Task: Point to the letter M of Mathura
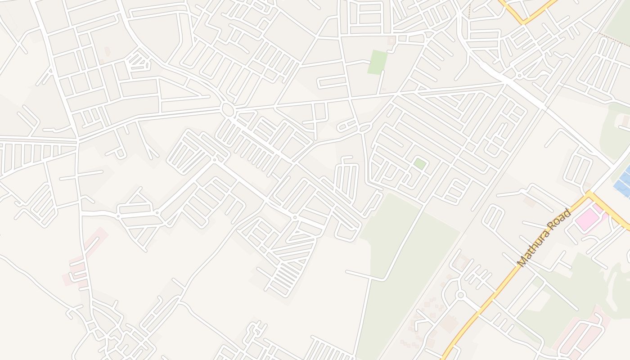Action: click(522, 263)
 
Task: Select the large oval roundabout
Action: click(228, 109)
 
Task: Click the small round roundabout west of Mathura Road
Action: click(460, 295)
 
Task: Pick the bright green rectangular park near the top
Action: click(377, 62)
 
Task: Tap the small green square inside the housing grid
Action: click(419, 163)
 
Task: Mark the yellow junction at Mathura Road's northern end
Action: click(589, 194)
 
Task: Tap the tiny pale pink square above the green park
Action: click(391, 40)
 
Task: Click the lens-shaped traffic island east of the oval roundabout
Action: click(364, 130)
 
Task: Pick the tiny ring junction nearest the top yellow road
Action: click(520, 76)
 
